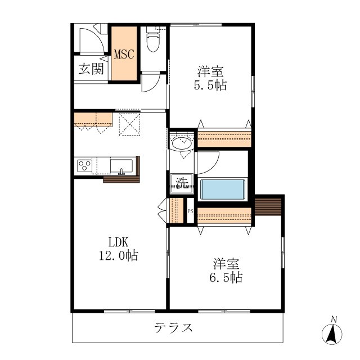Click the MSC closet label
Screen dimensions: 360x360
124,55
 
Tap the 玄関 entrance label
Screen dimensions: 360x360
91,69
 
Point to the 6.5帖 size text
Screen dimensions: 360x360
228,277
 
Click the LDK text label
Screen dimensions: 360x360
119,242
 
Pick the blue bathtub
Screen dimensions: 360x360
224,188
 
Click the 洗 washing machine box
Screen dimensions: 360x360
182,182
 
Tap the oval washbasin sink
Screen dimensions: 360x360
182,143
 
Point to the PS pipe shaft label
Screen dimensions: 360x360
190,211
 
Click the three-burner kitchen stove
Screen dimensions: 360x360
85,166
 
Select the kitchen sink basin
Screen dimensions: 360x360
121,166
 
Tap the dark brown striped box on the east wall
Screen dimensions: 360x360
269,209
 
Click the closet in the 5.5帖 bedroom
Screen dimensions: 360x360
224,138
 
